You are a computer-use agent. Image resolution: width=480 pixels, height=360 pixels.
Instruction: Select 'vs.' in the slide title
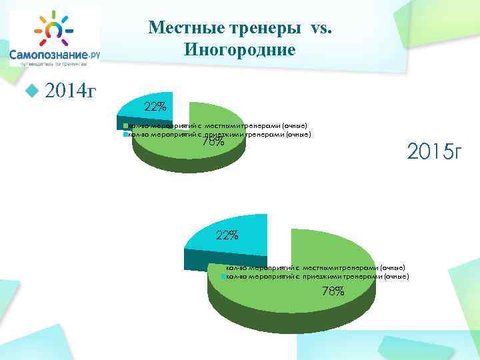tap(325, 28)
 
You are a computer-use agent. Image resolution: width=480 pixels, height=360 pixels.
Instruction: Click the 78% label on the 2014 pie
tap(213, 141)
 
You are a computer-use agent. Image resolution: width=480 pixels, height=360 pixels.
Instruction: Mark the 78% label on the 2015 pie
tap(333, 291)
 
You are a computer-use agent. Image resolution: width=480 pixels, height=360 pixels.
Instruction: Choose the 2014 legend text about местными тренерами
tap(217, 125)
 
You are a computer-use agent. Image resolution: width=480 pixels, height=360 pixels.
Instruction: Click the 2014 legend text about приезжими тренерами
tap(219, 134)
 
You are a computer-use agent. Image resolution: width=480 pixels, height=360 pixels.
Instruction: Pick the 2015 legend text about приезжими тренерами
tap(317, 275)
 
